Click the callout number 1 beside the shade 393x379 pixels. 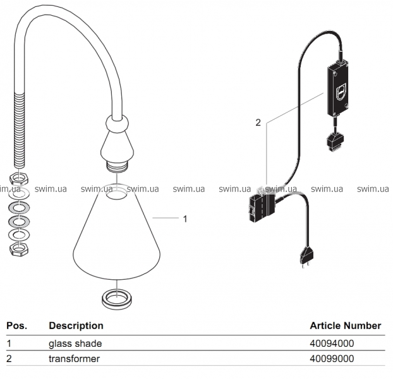click(x=184, y=219)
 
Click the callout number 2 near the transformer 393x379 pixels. click(x=258, y=123)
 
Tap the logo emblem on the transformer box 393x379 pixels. click(x=341, y=92)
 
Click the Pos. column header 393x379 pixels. click(x=16, y=326)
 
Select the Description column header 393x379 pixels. click(x=76, y=326)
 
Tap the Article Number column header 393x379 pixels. click(x=345, y=326)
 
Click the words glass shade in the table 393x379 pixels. click(x=75, y=344)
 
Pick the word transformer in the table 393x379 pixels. click(x=75, y=359)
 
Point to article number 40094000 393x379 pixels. click(x=332, y=344)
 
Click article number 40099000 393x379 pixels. click(x=332, y=359)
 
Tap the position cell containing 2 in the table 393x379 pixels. click(x=9, y=359)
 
